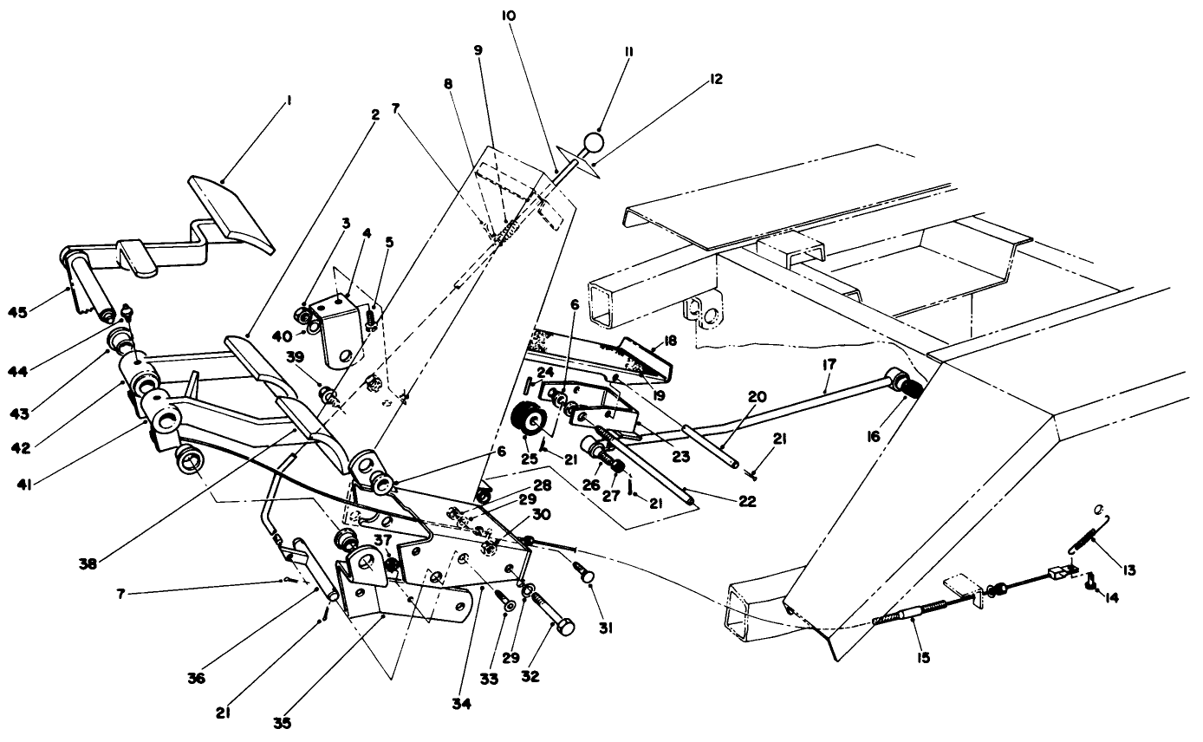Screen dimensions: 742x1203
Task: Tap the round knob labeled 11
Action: tap(593, 142)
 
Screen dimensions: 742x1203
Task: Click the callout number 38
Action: tap(86, 562)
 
